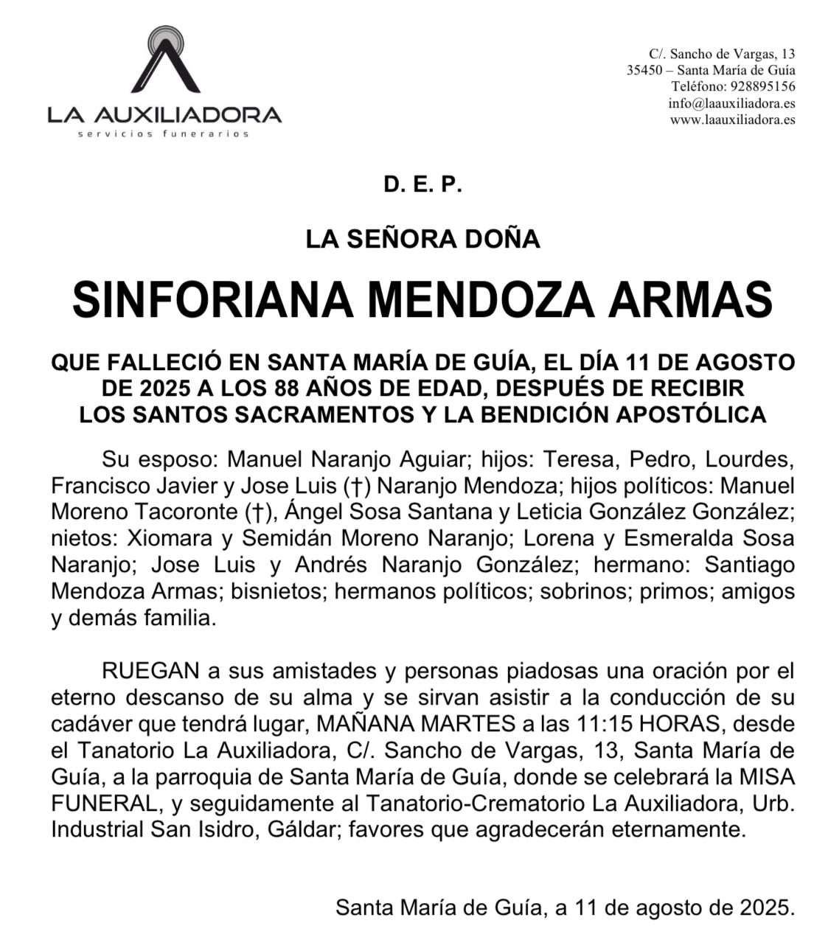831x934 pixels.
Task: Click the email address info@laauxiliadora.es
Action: [731, 103]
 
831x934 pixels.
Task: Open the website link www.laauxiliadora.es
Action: [732, 119]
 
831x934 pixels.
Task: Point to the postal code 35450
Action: [644, 70]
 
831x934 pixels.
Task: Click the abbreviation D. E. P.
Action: [422, 185]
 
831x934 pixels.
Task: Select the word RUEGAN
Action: [150, 671]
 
